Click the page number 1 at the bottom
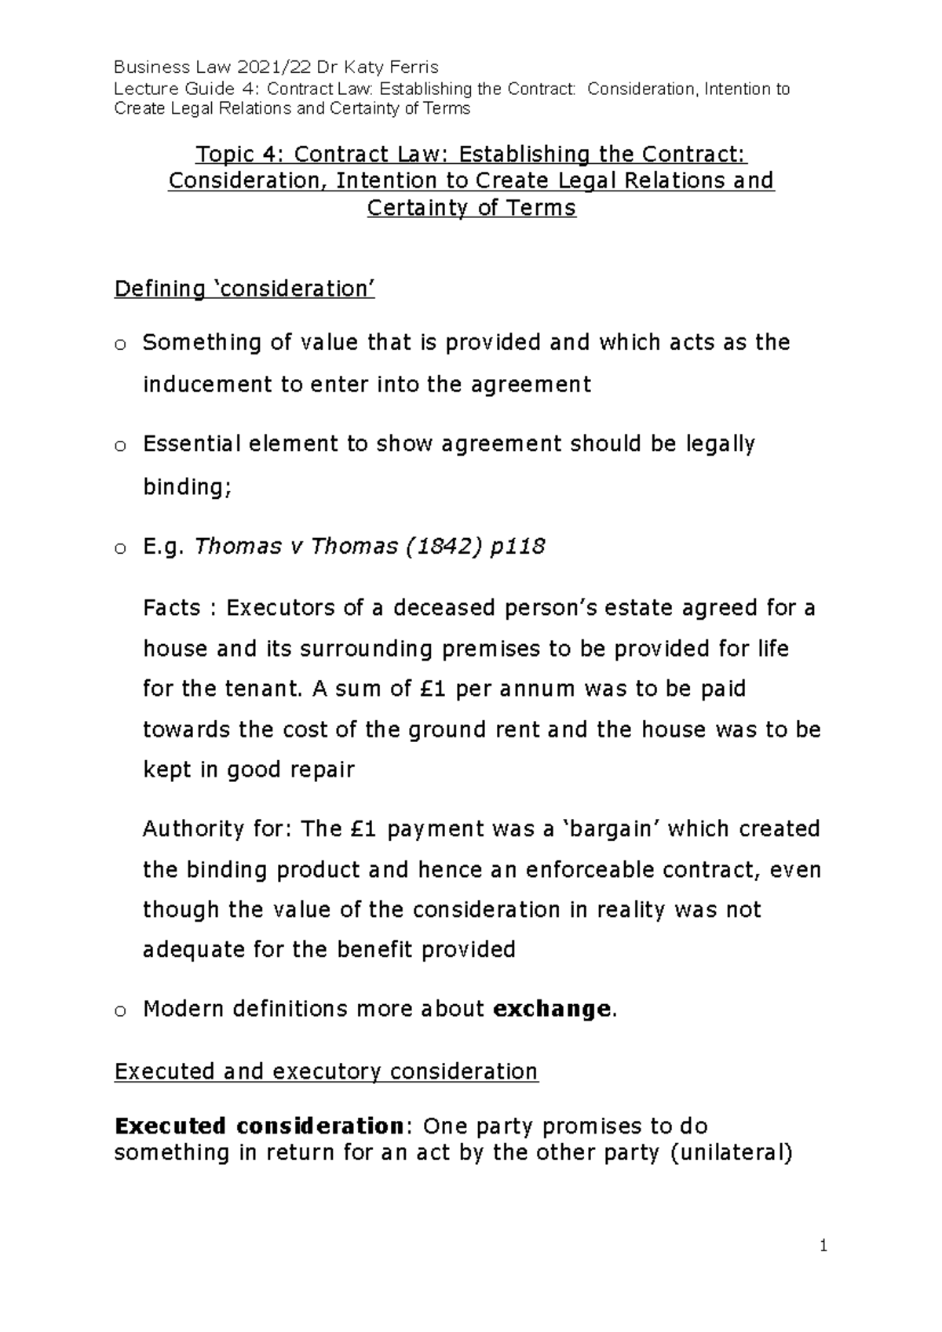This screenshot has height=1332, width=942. click(823, 1245)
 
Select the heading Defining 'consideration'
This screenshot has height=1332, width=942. click(244, 289)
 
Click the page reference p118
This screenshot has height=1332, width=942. click(516, 547)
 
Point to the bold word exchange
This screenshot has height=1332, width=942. click(550, 1009)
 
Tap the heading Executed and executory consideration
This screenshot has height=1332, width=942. click(326, 1072)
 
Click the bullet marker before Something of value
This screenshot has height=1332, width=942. click(119, 344)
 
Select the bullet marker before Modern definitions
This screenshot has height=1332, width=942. click(119, 1010)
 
